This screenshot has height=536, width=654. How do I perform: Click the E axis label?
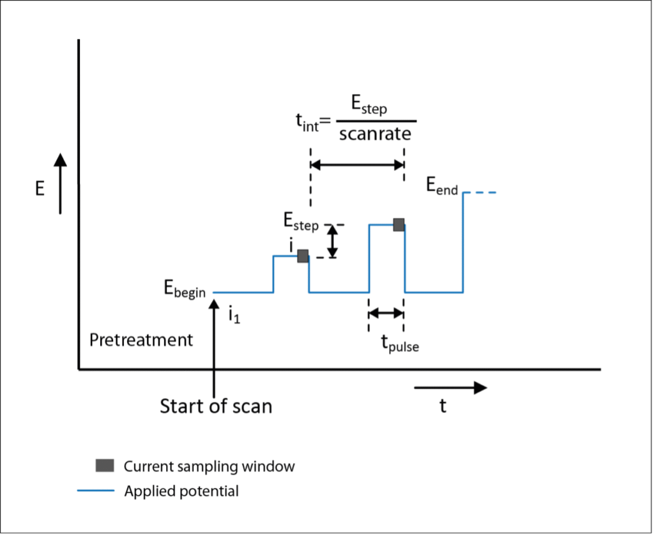point(40,190)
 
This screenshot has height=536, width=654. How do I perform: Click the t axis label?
point(443,406)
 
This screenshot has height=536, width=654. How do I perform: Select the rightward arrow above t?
point(450,387)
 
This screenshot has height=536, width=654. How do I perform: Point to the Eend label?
point(442,187)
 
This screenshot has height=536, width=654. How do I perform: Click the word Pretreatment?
point(141,340)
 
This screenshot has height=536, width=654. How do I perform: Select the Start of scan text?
point(216,406)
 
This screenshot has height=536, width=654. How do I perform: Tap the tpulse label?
point(400,344)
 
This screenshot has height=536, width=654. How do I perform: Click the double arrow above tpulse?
point(386,313)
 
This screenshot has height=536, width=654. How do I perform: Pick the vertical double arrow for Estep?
point(332,241)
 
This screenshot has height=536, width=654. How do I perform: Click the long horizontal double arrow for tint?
point(357,165)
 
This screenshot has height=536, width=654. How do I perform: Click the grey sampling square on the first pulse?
point(303,256)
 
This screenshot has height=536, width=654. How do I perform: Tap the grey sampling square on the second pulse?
point(399,224)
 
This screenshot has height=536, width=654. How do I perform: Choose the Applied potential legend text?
point(181,491)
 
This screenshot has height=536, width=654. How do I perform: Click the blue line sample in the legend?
point(96,491)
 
